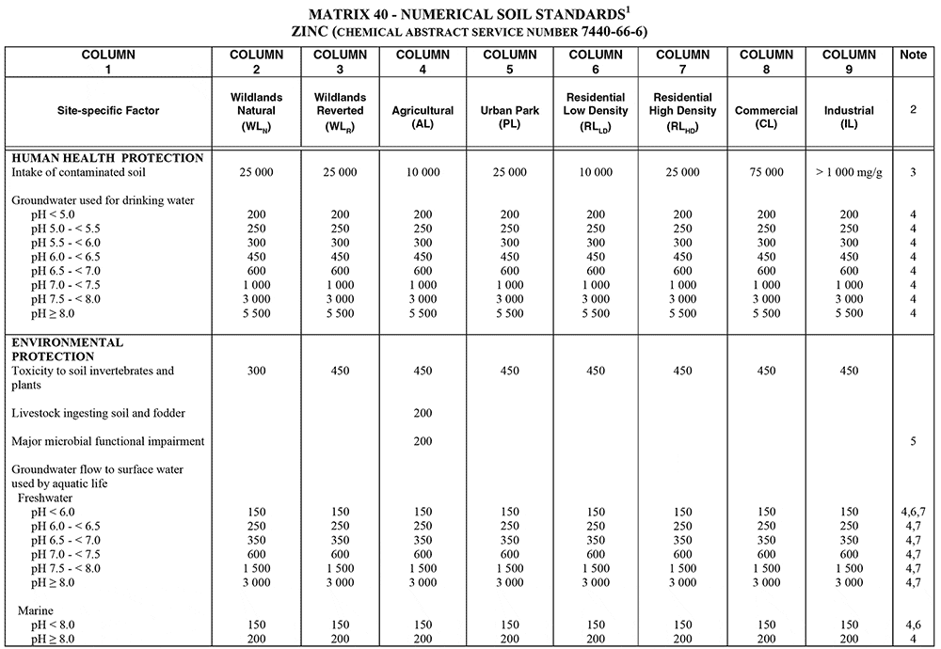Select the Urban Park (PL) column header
509,111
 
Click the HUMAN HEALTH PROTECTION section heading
107,158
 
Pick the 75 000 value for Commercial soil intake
766,172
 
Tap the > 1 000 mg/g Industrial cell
849,172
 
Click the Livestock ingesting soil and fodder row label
99,413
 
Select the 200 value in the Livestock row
423,413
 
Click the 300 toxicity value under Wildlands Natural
257,371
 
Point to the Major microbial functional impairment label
108,441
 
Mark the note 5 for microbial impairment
912,441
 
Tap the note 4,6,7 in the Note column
912,512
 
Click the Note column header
913,55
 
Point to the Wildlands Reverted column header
340,111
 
